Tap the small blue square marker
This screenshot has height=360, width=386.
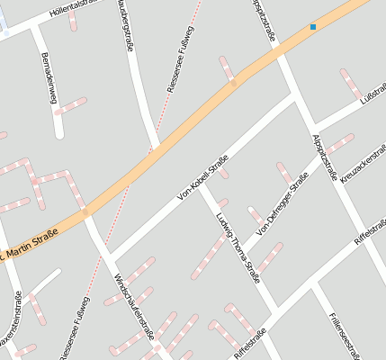(313, 27)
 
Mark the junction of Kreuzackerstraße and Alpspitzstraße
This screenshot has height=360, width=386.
(337, 183)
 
